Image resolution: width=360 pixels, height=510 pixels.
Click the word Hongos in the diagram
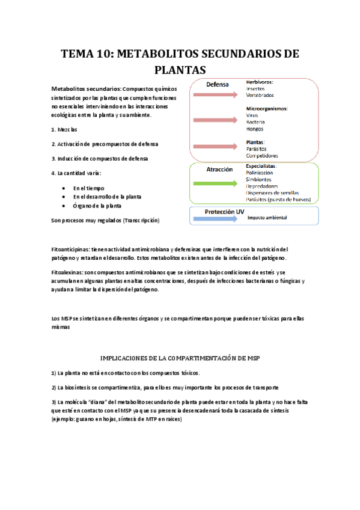[x=255, y=129]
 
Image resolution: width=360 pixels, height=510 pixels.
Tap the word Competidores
[x=262, y=156]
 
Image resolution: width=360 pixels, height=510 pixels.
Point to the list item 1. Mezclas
[x=64, y=129]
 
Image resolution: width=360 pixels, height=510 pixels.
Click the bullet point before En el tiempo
[x=64, y=188]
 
